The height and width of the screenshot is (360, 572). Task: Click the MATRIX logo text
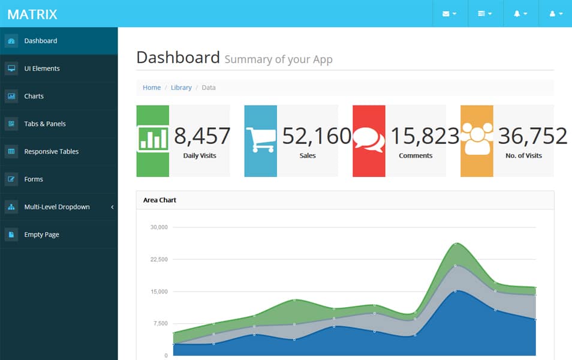pyautogui.click(x=32, y=14)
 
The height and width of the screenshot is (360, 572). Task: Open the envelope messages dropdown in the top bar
pyautogui.click(x=449, y=14)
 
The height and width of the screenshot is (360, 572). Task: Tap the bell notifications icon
pyautogui.click(x=520, y=14)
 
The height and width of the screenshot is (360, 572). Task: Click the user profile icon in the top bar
pyautogui.click(x=556, y=14)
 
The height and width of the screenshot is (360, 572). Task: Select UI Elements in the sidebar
pyautogui.click(x=41, y=68)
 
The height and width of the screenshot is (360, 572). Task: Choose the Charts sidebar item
pyautogui.click(x=34, y=96)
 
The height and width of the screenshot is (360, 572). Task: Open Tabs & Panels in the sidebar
pyautogui.click(x=44, y=124)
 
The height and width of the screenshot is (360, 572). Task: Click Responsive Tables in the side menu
pyautogui.click(x=51, y=152)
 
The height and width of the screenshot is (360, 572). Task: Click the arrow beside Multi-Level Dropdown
pyautogui.click(x=112, y=207)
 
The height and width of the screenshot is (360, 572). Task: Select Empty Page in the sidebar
pyautogui.click(x=41, y=235)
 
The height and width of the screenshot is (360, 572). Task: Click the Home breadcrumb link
pyautogui.click(x=152, y=88)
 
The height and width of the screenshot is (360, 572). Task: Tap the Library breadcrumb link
pyautogui.click(x=181, y=88)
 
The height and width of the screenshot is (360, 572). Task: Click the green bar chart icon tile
pyautogui.click(x=153, y=138)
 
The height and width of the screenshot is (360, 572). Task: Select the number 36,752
pyautogui.click(x=532, y=136)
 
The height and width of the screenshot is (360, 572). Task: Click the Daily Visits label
pyautogui.click(x=200, y=155)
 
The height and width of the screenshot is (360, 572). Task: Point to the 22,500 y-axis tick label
pyautogui.click(x=159, y=259)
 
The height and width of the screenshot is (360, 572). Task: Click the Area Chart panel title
pyautogui.click(x=159, y=200)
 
